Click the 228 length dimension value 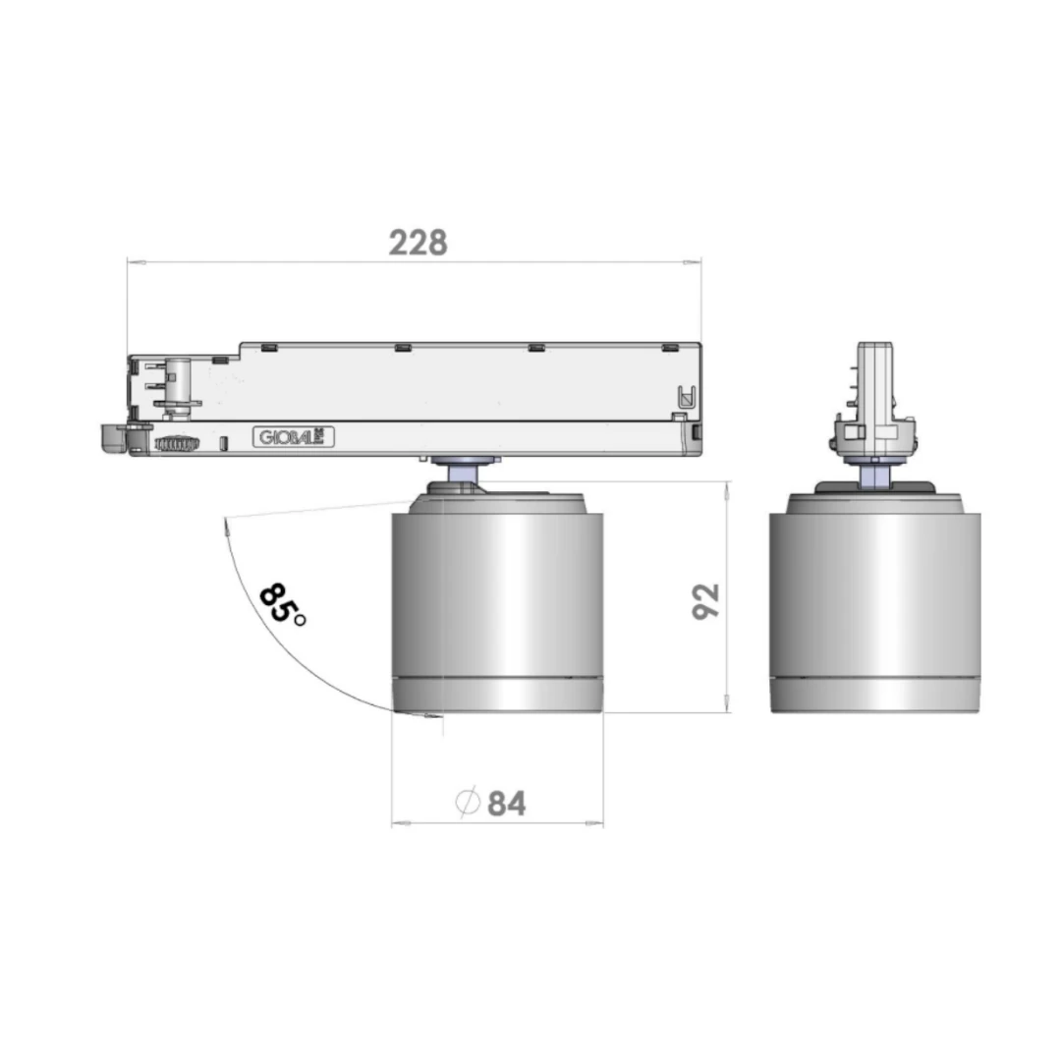point(419,243)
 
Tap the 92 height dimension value point(705,601)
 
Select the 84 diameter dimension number point(507,804)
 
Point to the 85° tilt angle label point(282,604)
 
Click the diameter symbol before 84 point(468,803)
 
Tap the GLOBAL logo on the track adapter point(294,437)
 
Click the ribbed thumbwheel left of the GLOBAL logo point(177,444)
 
